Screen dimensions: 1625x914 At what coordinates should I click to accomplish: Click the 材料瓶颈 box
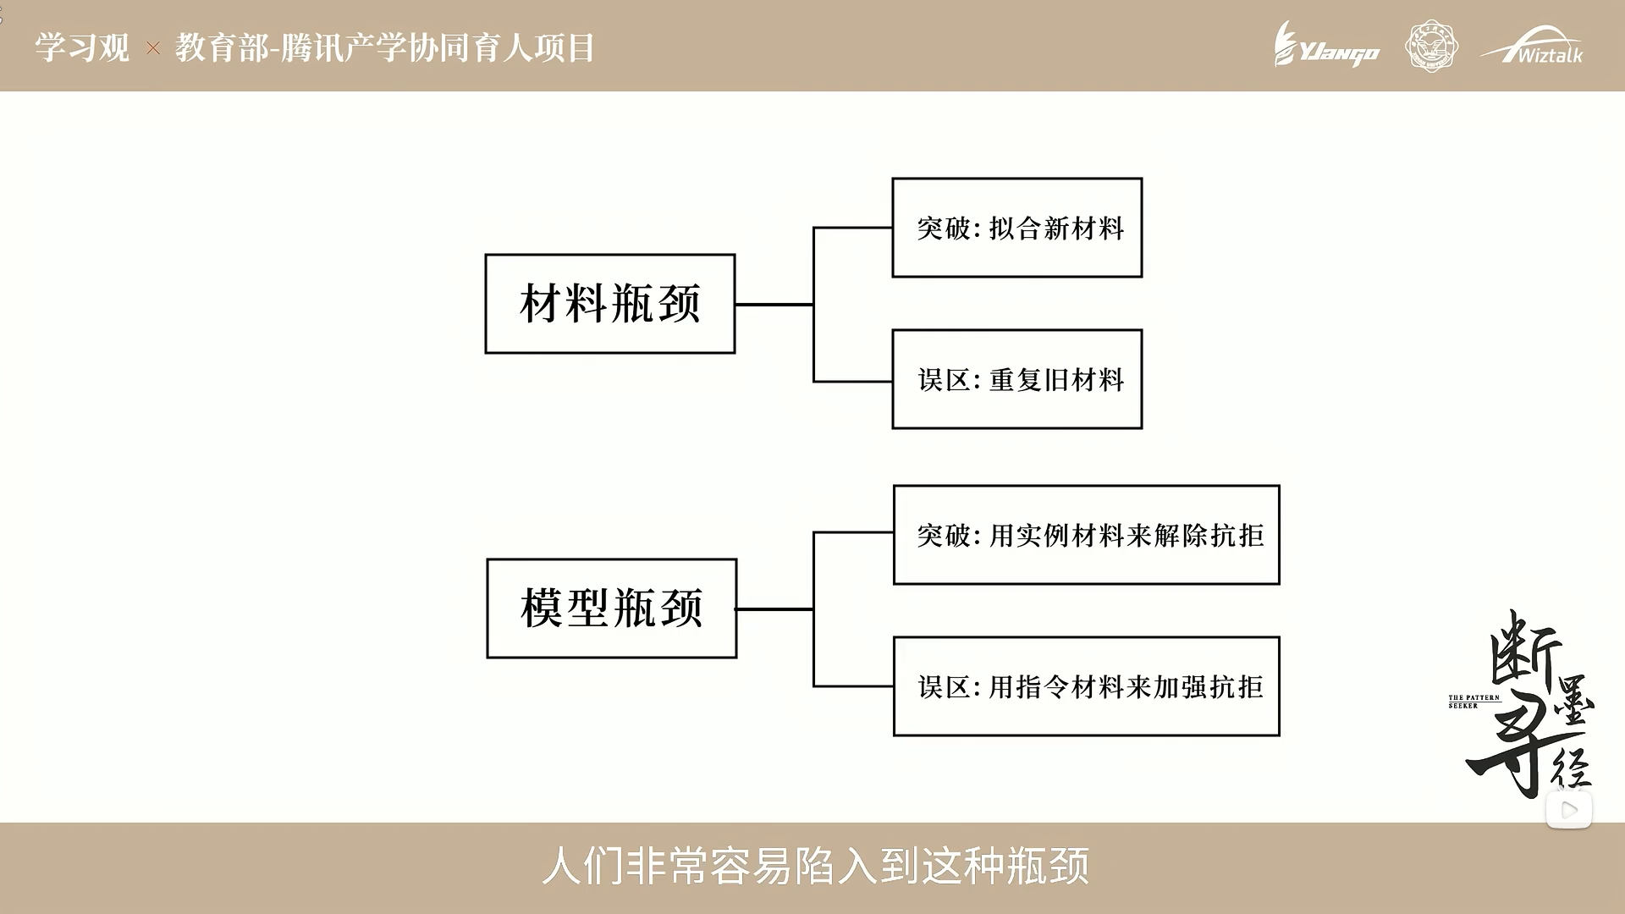609,304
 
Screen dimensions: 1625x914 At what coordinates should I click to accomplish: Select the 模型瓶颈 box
611,608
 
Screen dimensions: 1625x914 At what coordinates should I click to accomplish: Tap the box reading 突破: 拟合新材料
1016,228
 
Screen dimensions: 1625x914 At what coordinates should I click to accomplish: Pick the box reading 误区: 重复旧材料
1016,379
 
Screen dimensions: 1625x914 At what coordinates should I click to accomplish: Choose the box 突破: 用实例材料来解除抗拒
1087,535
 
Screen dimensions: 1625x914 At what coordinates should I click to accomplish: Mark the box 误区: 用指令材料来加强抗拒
1087,686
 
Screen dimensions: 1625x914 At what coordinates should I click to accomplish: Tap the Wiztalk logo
1532,46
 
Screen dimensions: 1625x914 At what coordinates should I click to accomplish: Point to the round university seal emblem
1431,46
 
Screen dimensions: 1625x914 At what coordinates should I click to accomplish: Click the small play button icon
1568,810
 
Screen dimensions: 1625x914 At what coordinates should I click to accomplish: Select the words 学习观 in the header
82,47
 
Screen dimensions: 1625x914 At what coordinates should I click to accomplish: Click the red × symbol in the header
153,48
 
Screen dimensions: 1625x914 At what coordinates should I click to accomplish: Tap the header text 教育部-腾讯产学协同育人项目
385,47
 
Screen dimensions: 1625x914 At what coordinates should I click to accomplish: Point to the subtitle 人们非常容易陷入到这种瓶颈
815,866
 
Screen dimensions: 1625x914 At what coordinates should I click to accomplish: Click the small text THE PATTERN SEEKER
1474,702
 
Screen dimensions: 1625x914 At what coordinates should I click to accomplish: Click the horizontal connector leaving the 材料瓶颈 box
774,304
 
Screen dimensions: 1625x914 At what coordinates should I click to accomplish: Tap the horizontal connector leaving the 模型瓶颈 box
774,608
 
